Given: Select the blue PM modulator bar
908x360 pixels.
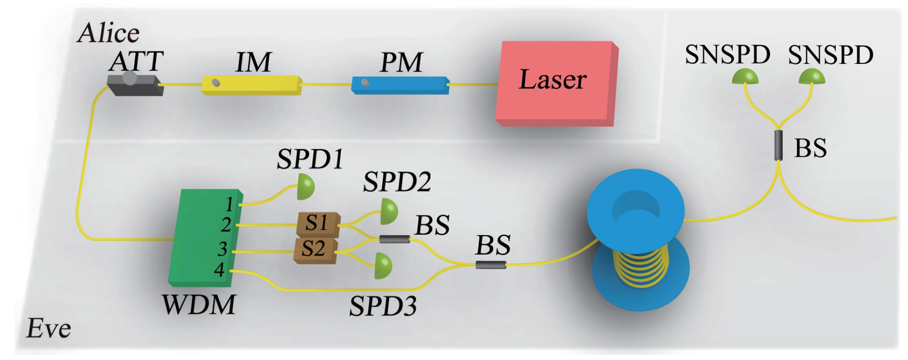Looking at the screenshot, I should pos(399,85).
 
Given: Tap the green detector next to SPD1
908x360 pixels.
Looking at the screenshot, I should pos(305,187).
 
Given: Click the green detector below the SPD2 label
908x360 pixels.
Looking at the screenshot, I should pos(388,211).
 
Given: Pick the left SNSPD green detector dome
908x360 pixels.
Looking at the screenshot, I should pos(745,77).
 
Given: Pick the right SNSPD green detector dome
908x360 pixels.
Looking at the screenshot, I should pos(812,77).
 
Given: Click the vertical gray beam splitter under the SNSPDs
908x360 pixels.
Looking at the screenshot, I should pos(778,145).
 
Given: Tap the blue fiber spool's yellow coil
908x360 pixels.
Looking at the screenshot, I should pos(641,266).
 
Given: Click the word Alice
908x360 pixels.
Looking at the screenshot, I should pos(108,33).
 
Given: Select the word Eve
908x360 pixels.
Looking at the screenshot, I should pos(48,328).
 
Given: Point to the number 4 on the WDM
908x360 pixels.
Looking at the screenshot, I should pos(220,270).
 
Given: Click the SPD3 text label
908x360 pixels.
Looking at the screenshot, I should pos(383,306).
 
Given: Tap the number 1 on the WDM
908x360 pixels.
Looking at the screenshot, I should pos(229,204).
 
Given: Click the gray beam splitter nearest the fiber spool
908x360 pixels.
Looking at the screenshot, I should pos(490,265).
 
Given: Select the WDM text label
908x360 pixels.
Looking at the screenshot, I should pos(199,305).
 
